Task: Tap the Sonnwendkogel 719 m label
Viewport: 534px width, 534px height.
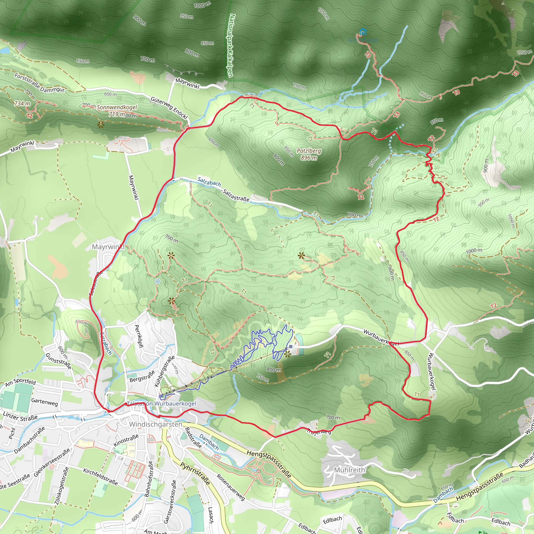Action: [x=117, y=111]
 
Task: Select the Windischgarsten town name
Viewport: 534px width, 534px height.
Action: [x=156, y=424]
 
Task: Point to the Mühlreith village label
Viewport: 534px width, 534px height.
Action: [x=349, y=470]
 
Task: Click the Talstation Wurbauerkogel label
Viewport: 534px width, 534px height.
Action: [x=161, y=404]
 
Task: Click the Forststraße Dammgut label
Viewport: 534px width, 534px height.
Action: [x=40, y=83]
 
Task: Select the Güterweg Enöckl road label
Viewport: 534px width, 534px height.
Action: [x=169, y=108]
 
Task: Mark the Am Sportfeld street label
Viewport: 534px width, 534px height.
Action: [x=21, y=382]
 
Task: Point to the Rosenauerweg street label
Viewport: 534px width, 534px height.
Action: [x=231, y=487]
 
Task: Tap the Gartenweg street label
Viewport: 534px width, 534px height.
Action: [x=45, y=402]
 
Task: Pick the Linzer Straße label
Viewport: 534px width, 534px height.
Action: [x=20, y=416]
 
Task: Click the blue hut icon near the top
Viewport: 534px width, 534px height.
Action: [x=363, y=32]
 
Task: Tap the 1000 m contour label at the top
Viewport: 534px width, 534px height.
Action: [x=202, y=5]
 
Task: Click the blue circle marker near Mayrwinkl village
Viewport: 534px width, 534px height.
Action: [x=157, y=281]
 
